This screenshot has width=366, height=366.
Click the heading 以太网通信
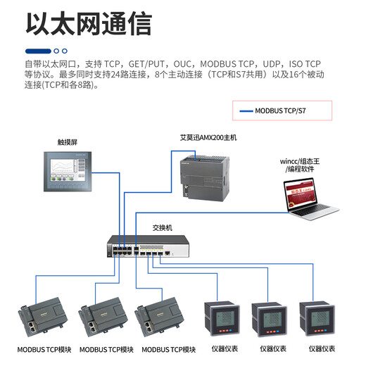(x=88, y=23)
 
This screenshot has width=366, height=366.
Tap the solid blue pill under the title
(x=38, y=51)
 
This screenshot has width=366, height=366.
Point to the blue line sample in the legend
(x=246, y=111)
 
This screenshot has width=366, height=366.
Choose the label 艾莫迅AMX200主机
(x=208, y=138)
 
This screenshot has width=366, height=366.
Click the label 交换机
(x=163, y=228)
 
